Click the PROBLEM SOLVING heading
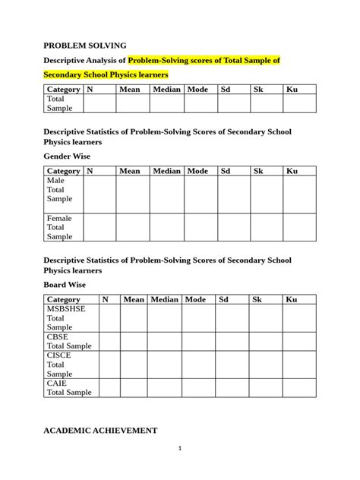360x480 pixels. pos(84,46)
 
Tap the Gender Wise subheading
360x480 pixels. pos(68,156)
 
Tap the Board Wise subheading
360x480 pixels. pos(65,285)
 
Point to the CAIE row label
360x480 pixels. pos(58,383)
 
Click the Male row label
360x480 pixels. pos(56,181)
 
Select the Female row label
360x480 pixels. pos(59,218)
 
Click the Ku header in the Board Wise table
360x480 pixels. pos(291,300)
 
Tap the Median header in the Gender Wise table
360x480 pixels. pos(166,171)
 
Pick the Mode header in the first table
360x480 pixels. pos(197,90)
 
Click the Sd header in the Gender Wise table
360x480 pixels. pos(225,171)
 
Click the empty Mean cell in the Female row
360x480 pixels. pos(132,227)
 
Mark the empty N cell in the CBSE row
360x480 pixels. pos(109,341)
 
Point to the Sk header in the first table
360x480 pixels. pos(257,90)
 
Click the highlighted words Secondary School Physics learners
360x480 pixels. pos(106,75)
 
